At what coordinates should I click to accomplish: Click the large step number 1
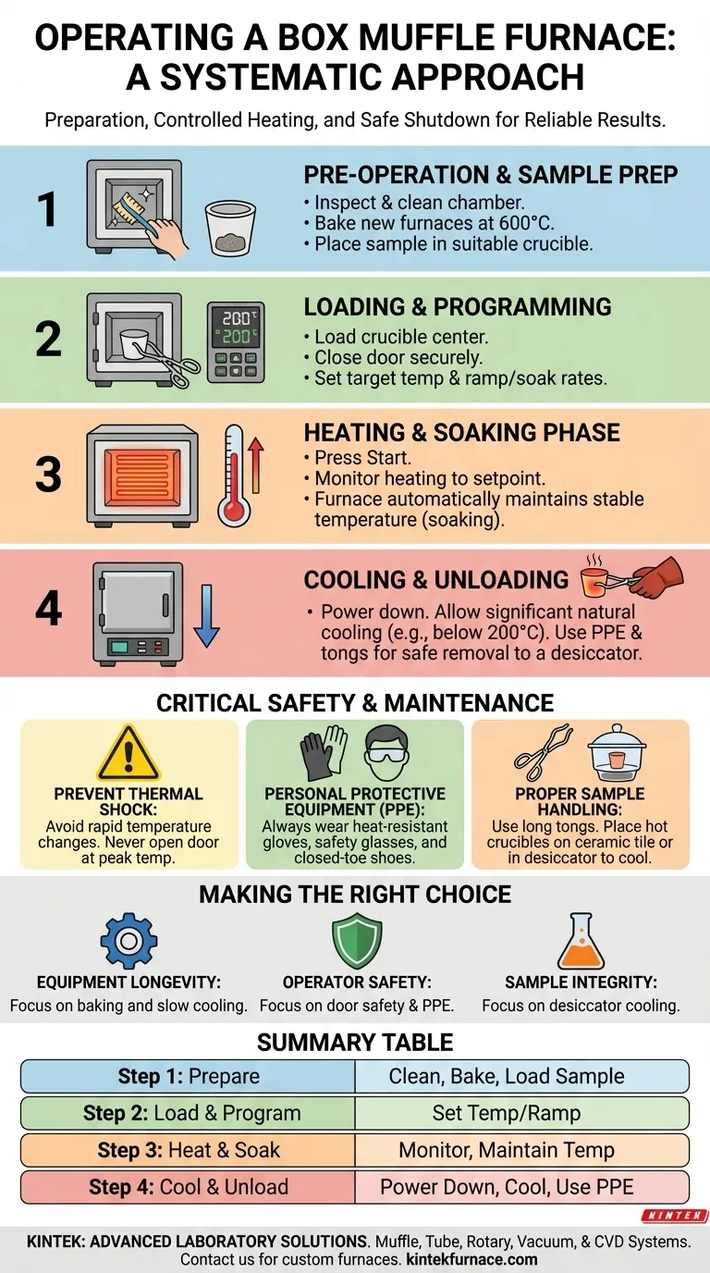[47, 210]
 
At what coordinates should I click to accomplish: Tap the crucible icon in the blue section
[230, 228]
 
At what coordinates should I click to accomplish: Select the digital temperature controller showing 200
[236, 342]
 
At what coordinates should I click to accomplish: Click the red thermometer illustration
[235, 476]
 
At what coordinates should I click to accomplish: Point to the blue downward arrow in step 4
[206, 616]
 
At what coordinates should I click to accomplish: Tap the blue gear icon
[129, 941]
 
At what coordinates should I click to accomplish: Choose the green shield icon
[357, 941]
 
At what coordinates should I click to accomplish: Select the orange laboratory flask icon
[581, 941]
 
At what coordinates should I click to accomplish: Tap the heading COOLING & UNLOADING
[435, 580]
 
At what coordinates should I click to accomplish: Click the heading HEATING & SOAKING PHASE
[461, 432]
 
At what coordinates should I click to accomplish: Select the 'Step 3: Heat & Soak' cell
[188, 1150]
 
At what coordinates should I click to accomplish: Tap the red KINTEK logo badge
[675, 1216]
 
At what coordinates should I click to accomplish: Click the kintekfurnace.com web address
[471, 1259]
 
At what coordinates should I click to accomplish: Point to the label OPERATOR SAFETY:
[357, 982]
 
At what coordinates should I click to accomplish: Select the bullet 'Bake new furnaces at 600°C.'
[429, 223]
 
